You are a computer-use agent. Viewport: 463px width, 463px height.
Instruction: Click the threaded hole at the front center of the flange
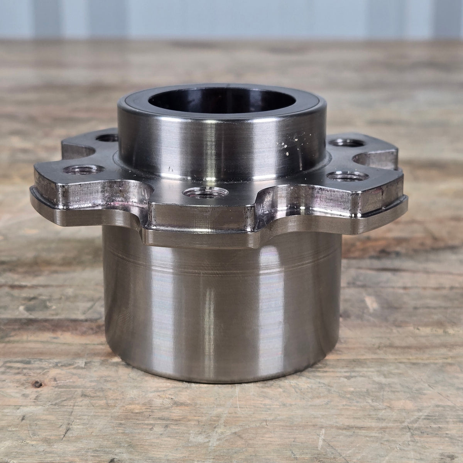200,192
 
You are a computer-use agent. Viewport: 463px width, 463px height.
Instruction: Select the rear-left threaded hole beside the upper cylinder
108,137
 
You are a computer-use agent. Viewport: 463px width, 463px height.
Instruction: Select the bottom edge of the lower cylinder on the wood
224,380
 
